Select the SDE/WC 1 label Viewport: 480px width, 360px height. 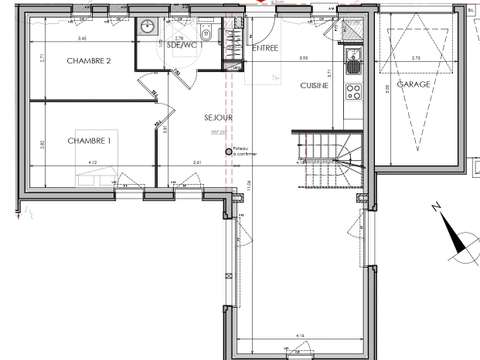coord(187,45)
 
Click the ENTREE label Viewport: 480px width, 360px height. coord(265,47)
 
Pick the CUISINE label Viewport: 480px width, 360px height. coord(316,87)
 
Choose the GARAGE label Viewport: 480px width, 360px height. coord(413,85)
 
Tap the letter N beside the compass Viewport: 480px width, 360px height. coord(437,208)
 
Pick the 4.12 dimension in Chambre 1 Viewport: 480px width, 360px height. coord(91,162)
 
